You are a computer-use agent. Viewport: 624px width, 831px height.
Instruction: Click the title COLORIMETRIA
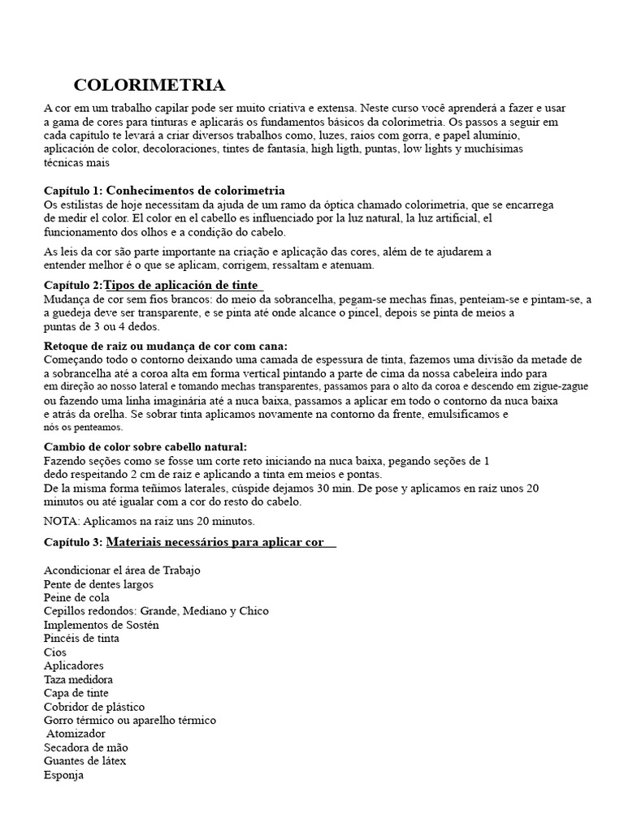tap(149, 85)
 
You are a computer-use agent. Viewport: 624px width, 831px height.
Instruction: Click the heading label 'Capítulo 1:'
tap(73, 190)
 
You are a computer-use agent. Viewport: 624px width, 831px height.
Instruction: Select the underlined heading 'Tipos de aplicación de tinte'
tap(184, 285)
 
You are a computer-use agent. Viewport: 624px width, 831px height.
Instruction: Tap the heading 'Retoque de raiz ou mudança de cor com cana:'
tap(165, 346)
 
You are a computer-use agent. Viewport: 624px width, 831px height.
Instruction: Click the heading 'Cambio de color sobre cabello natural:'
tap(145, 447)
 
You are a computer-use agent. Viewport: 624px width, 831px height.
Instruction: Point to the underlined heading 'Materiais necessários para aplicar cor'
tap(220, 541)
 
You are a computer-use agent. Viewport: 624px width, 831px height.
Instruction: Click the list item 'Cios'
tap(55, 652)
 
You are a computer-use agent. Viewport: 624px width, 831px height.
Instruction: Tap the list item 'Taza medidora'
tap(78, 679)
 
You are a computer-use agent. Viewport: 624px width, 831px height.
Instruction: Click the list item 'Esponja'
tap(64, 774)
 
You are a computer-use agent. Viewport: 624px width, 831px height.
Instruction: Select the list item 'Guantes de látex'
tap(84, 761)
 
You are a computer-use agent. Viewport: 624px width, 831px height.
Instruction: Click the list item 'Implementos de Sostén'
tap(101, 625)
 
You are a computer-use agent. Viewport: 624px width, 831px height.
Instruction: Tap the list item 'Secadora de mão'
tap(86, 747)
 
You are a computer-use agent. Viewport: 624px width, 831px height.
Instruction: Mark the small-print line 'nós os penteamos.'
tap(83, 427)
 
